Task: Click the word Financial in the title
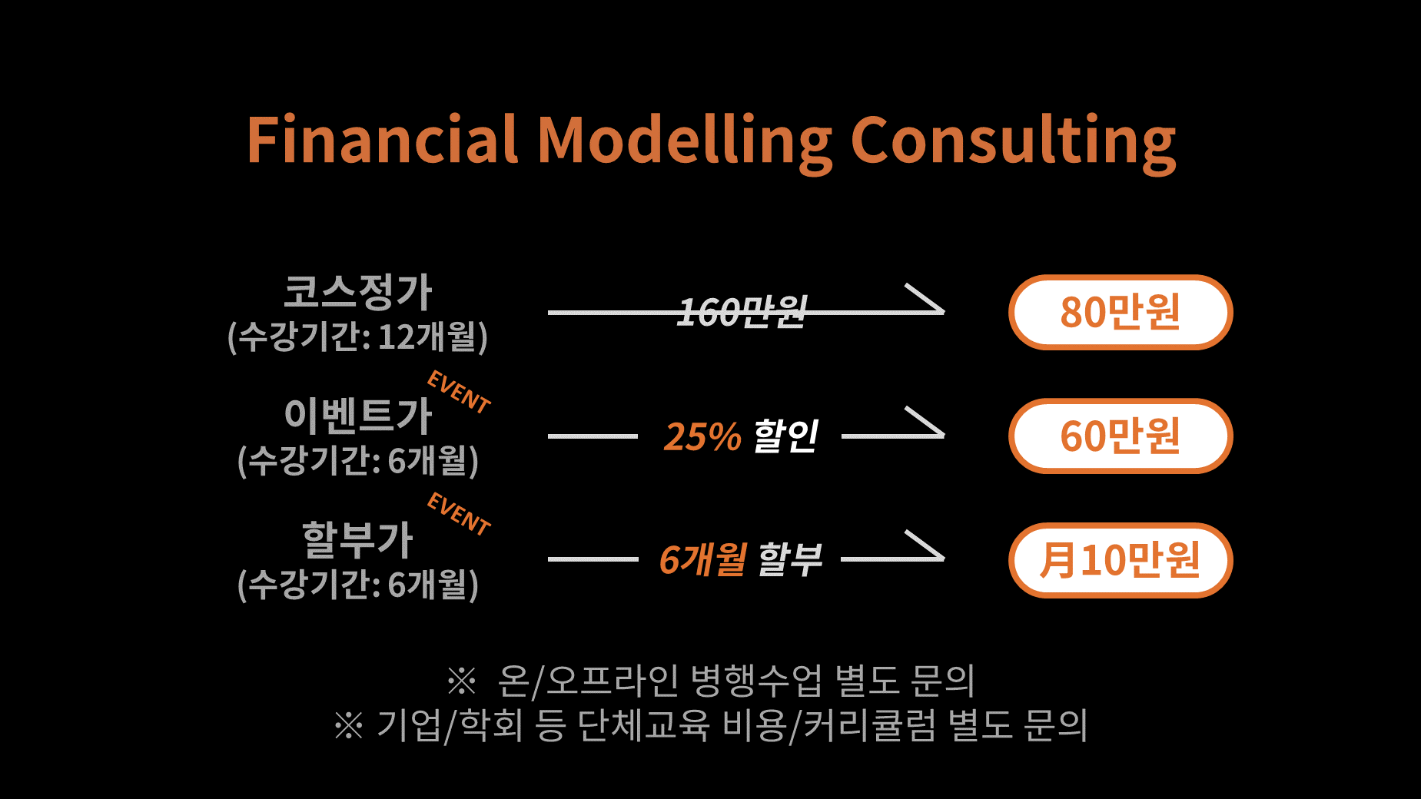click(x=382, y=139)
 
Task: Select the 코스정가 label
click(x=358, y=292)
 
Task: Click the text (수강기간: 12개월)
click(x=358, y=337)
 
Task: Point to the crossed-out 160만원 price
click(x=742, y=312)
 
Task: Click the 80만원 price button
click(x=1121, y=312)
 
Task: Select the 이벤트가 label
click(x=358, y=415)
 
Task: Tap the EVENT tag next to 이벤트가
click(x=459, y=392)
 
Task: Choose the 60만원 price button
click(x=1121, y=436)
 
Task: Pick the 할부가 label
click(x=358, y=539)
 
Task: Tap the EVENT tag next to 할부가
click(x=459, y=514)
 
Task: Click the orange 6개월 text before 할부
click(x=703, y=559)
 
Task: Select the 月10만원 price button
click(x=1121, y=560)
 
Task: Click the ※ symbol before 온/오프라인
click(x=462, y=680)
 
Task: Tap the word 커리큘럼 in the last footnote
click(x=870, y=724)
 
